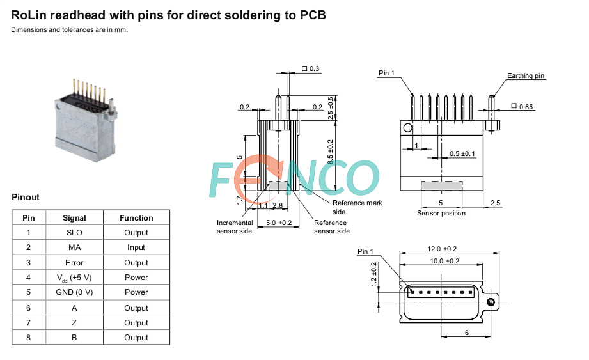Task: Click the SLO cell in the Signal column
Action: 74,233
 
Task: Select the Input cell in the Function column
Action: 136,247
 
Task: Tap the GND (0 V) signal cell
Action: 74,292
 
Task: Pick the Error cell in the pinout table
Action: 74,263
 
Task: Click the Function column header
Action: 136,218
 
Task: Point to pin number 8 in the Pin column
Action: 29,338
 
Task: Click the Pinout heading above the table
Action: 26,198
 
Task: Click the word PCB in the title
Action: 313,15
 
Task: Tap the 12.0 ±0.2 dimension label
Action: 442,249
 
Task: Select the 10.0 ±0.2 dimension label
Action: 444,261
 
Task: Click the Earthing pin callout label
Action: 526,76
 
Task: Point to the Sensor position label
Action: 441,213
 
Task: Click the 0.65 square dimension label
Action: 522,107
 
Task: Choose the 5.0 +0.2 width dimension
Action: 279,223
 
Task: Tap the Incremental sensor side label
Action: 235,227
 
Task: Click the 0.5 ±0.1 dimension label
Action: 462,154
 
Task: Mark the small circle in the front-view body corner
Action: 407,128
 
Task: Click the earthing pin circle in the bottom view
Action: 491,302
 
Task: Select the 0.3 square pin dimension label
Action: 311,68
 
